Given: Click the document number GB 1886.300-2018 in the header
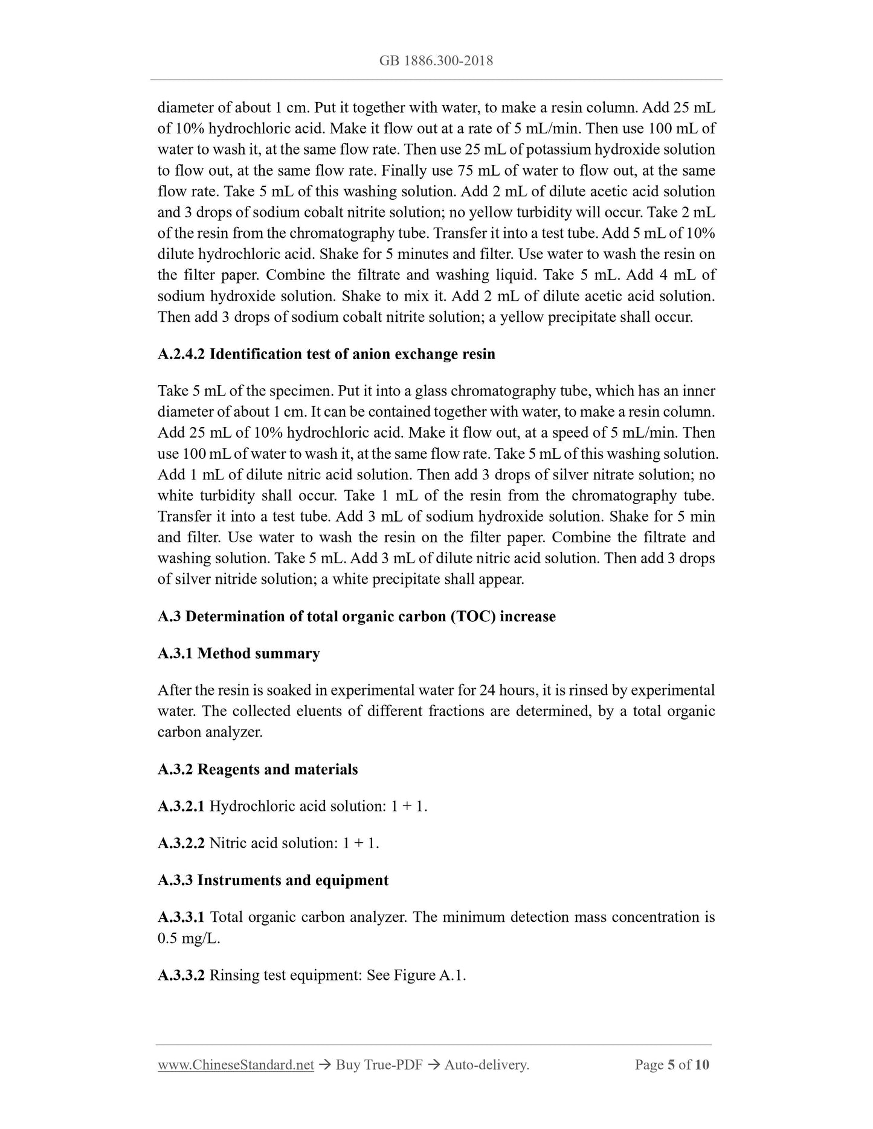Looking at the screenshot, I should pyautogui.click(x=436, y=60).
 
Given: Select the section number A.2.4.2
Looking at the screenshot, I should pyautogui.click(x=181, y=354).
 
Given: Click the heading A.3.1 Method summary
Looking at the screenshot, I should pyautogui.click(x=239, y=653).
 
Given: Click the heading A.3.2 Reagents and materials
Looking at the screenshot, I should pyautogui.click(x=257, y=769).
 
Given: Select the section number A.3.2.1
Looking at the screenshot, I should pyautogui.click(x=181, y=806).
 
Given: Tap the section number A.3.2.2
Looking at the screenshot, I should pyautogui.click(x=181, y=843).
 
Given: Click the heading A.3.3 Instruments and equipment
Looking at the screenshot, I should pyautogui.click(x=273, y=880).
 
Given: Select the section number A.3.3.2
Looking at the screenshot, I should pyautogui.click(x=181, y=975).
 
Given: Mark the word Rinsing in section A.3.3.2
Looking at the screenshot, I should pyautogui.click(x=234, y=975).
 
